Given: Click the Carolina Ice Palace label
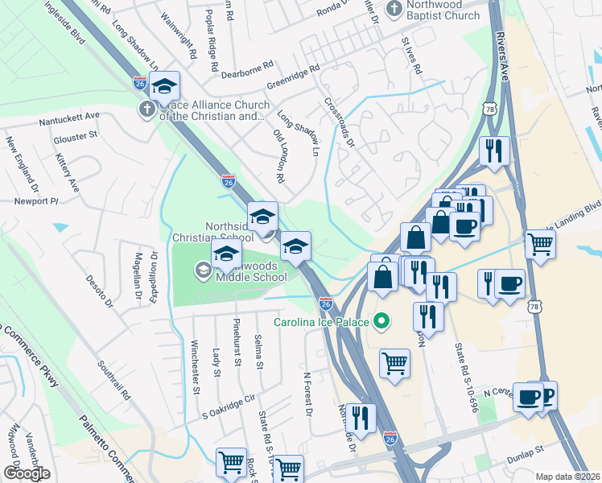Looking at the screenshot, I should pos(321,322).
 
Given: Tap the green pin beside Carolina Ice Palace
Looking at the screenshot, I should pos(383,322).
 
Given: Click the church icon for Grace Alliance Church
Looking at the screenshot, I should pos(147,109).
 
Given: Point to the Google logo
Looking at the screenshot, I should pos(27,473).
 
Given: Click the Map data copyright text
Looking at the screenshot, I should pos(568,477).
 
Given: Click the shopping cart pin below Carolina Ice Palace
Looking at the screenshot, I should pos(394,362).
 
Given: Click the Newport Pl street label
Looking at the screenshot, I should pos(37,200).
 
